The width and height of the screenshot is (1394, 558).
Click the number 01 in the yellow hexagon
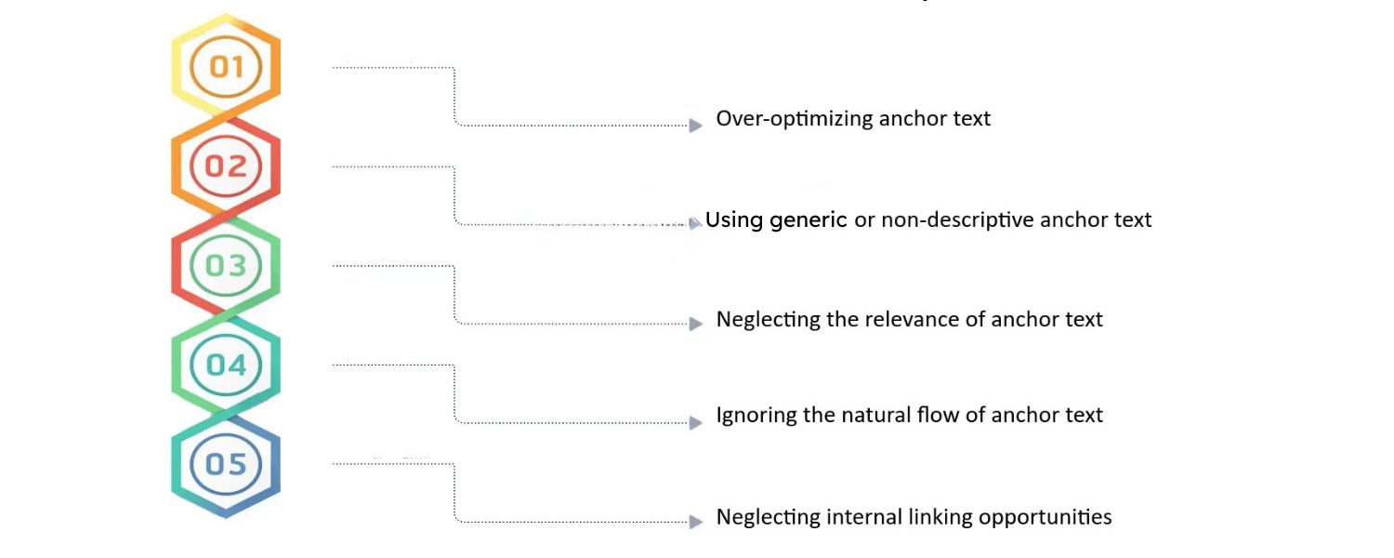click(226, 67)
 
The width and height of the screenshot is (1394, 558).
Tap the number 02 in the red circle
click(226, 166)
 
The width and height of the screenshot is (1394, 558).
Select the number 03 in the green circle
click(226, 266)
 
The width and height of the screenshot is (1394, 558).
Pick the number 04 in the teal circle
click(226, 365)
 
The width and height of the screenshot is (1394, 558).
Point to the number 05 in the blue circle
click(226, 464)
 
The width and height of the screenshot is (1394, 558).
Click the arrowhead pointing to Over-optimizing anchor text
click(695, 125)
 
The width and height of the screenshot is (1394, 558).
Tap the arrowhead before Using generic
click(695, 223)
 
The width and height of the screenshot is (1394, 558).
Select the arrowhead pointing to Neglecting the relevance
click(695, 324)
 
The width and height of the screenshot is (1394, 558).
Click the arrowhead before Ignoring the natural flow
click(695, 422)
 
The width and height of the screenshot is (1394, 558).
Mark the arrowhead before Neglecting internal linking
click(695, 522)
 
